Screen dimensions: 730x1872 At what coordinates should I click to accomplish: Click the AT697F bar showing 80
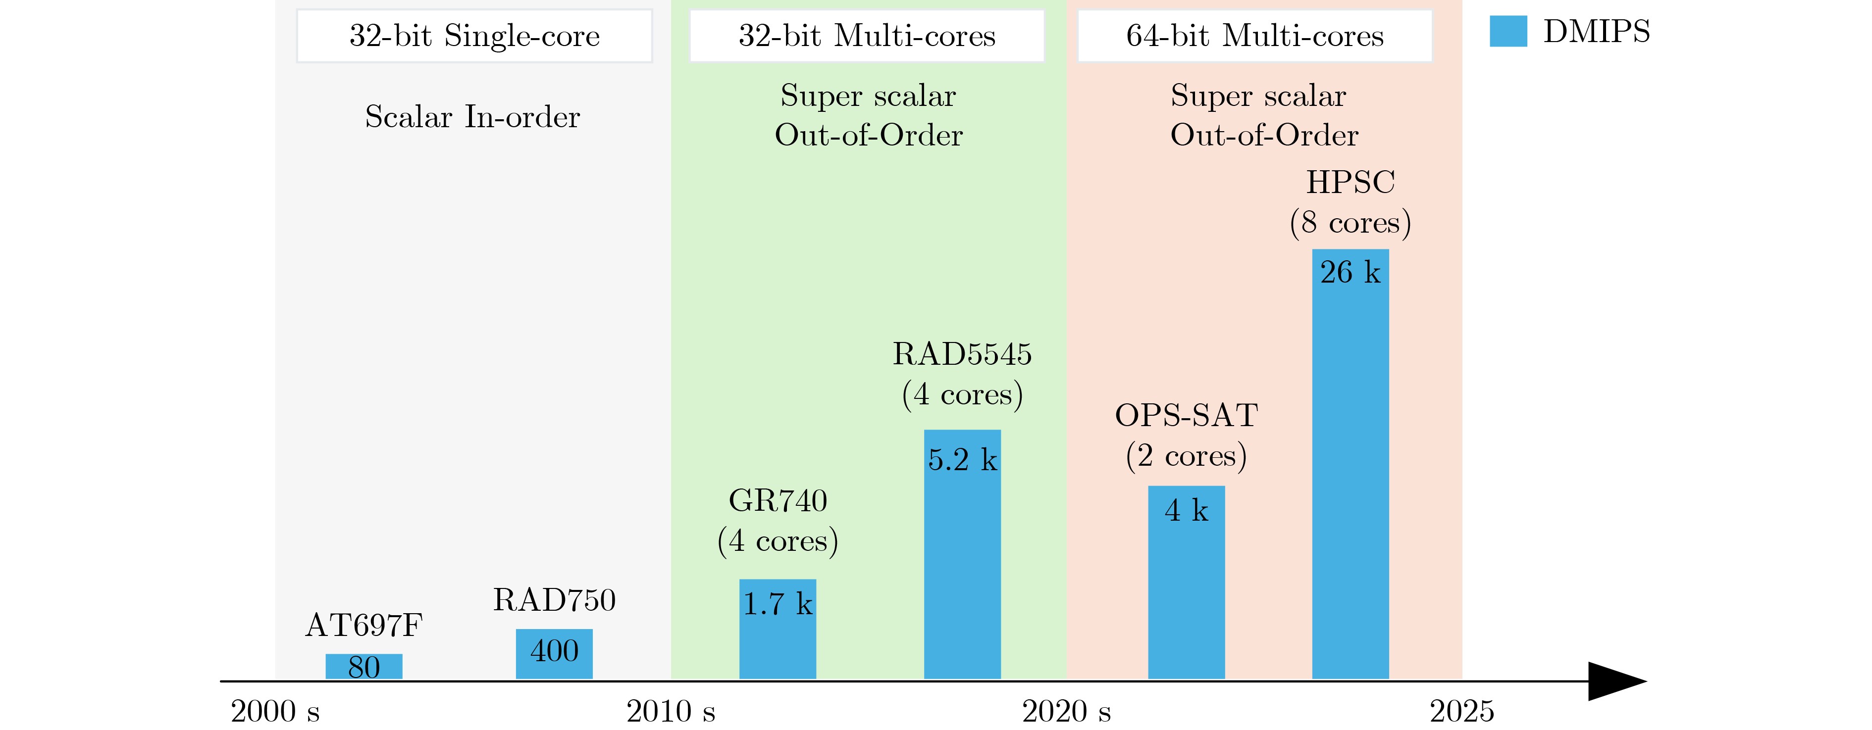point(364,667)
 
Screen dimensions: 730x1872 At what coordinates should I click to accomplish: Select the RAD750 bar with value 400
point(554,654)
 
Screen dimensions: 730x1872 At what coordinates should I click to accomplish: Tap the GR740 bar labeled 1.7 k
point(778,629)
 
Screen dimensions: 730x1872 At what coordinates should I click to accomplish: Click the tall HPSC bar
point(1350,465)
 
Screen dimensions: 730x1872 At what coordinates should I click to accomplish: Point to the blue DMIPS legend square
point(1508,31)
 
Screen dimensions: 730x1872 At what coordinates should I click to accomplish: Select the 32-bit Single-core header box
point(474,36)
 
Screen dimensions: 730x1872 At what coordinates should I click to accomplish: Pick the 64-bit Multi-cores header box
point(1254,36)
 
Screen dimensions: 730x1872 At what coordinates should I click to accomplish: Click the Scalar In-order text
point(472,117)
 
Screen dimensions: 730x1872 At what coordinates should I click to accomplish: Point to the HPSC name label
point(1350,182)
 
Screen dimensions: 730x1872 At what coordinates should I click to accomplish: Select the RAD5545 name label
point(962,354)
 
